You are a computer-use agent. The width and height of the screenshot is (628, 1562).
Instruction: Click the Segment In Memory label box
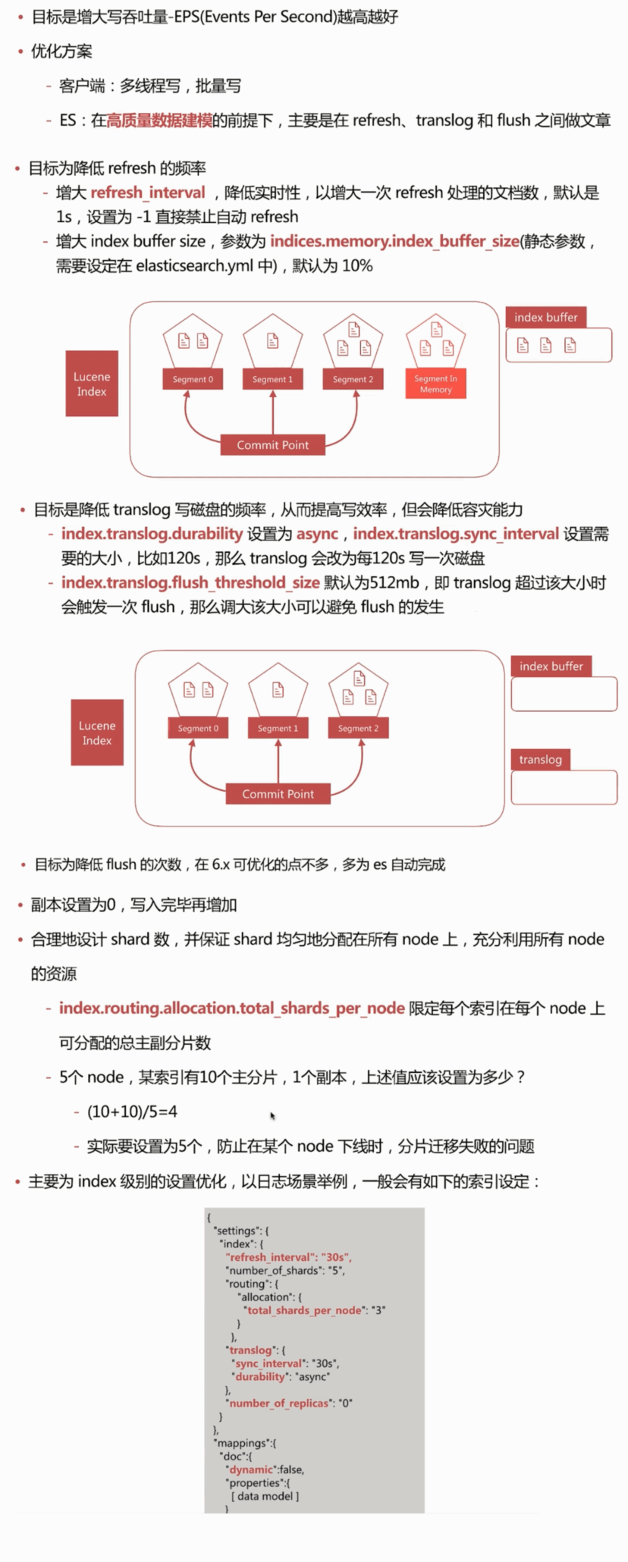point(435,384)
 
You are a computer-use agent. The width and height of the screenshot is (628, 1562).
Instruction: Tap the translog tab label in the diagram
point(540,760)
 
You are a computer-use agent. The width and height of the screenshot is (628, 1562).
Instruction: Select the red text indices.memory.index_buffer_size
point(394,241)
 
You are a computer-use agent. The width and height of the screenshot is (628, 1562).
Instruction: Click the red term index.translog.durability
point(152,534)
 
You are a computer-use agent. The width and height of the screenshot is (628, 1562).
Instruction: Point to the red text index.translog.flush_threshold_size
point(190,582)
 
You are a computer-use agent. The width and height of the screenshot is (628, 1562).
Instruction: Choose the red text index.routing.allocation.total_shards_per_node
point(231,1008)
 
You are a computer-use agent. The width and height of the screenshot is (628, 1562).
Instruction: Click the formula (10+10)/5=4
point(132,1112)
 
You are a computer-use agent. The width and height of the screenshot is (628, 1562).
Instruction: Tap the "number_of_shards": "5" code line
point(285,1270)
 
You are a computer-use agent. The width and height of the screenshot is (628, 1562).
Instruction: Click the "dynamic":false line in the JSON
point(265,1469)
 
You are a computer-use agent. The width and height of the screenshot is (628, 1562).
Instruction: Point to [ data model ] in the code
point(265,1496)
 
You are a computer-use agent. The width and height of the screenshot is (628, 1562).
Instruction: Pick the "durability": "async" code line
point(282,1376)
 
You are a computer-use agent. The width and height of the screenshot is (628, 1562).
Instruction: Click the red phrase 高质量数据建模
point(159,121)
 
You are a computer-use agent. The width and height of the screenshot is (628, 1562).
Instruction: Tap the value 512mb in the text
point(394,582)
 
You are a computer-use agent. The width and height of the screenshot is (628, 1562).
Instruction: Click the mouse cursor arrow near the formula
point(272,1115)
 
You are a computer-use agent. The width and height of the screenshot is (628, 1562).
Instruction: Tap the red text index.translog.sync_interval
point(456,534)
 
